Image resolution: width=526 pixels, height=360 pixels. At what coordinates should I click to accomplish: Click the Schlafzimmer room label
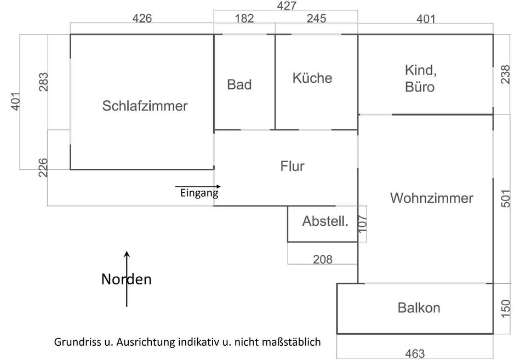coord(145,106)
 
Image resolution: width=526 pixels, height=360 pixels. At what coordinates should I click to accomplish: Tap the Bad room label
coord(239,84)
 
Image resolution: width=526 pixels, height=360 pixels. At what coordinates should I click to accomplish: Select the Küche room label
coord(312,78)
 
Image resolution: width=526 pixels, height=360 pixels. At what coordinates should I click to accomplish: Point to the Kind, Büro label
coord(420,78)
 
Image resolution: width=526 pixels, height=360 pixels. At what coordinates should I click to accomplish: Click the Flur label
coord(292,166)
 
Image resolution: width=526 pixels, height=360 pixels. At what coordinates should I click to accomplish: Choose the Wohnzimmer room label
coord(432,198)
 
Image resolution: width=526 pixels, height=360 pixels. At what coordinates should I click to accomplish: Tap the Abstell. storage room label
coord(325,221)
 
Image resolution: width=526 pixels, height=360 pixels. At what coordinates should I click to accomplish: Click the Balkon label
coord(419,307)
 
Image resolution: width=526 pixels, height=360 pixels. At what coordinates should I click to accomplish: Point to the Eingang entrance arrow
coord(198,187)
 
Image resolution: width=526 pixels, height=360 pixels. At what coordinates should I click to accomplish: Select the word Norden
coord(127,279)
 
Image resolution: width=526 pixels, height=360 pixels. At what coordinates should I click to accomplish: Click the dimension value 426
coord(142,19)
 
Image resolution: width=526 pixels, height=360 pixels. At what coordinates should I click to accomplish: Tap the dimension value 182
coord(244,19)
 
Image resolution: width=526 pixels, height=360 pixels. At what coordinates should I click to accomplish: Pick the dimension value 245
coord(316,19)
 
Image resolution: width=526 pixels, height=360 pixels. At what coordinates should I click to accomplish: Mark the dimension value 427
coord(286,6)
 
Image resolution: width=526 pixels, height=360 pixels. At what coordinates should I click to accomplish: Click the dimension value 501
coord(506,198)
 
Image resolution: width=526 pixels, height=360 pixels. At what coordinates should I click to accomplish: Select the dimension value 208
coord(322,259)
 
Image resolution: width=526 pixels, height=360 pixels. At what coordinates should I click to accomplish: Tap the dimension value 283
coord(44,82)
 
